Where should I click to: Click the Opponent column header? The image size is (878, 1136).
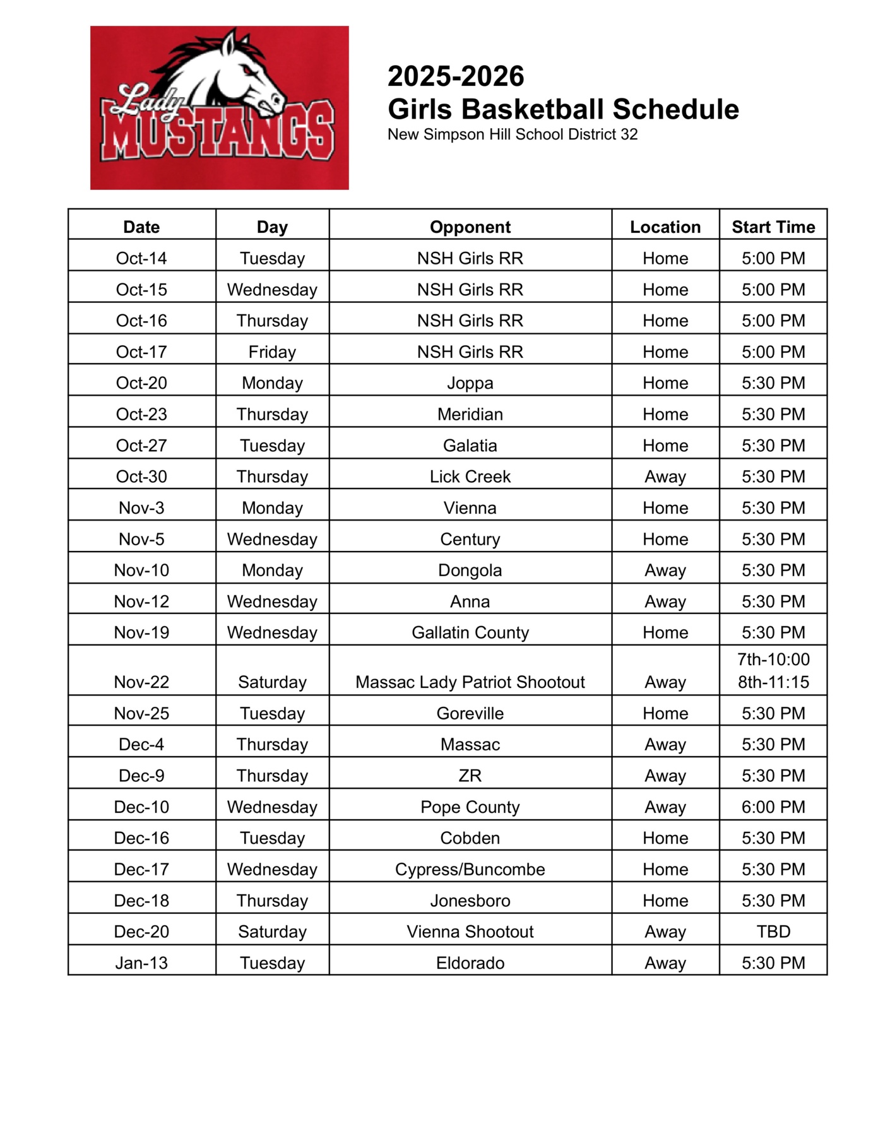[470, 227]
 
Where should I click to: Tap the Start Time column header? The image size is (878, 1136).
[773, 227]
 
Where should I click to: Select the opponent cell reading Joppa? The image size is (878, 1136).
[470, 383]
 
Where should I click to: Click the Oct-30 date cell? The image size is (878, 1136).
[141, 476]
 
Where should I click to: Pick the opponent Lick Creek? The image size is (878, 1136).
[470, 476]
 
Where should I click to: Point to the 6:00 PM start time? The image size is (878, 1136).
[773, 807]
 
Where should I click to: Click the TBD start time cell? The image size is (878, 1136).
[773, 932]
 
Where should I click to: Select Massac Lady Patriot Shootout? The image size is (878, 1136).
[470, 682]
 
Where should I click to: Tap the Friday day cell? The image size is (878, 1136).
[272, 352]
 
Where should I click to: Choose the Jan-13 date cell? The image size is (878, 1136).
[141, 962]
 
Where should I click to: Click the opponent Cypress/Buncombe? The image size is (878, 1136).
[470, 869]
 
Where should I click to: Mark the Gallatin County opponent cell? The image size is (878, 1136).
[470, 632]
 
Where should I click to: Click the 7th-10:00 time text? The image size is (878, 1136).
[773, 660]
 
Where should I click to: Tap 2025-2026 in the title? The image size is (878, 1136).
[455, 76]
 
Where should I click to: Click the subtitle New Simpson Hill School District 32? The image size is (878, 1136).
[512, 134]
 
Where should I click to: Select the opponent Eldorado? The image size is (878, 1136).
[470, 962]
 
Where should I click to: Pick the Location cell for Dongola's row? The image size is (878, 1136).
[665, 570]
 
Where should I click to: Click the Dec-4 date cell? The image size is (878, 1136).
[141, 744]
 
